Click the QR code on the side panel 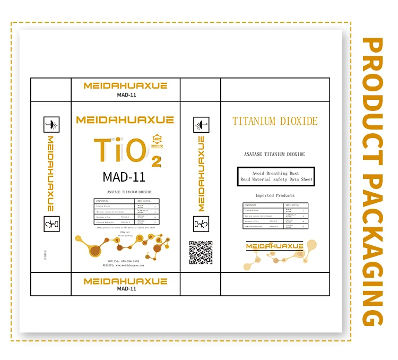[201, 252]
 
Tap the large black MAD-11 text [124, 176]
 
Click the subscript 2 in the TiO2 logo [156, 161]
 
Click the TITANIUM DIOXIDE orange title [275, 121]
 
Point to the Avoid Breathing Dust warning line [275, 173]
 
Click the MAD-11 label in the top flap [126, 96]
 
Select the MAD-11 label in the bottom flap [126, 289]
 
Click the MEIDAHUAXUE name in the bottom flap [126, 281]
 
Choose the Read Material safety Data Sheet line [275, 179]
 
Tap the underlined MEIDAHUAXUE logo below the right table [275, 246]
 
